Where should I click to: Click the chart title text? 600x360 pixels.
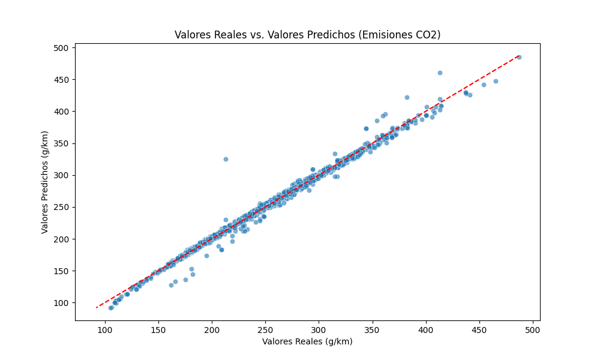tap(307, 35)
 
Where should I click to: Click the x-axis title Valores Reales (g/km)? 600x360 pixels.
tap(307, 341)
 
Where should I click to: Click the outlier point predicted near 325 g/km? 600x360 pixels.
tap(226, 159)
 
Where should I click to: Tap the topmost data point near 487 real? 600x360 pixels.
tap(519, 57)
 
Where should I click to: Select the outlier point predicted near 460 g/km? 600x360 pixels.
tap(440, 73)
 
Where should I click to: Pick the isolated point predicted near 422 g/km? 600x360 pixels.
tap(407, 97)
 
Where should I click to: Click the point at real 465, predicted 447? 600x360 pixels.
tap(496, 81)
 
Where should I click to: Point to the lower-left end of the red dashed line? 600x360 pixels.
tap(97, 308)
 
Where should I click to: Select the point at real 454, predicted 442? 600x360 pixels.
tap(484, 85)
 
